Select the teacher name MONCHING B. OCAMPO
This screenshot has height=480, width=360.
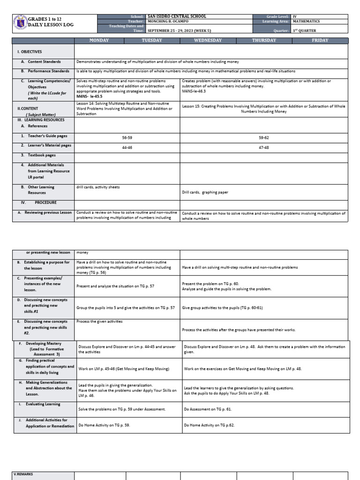coord(170,21)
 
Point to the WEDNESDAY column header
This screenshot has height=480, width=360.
coord(208,41)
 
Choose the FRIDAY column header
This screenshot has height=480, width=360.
coord(320,41)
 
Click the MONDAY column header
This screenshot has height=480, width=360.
coord(99,41)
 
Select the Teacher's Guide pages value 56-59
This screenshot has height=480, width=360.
coord(127,138)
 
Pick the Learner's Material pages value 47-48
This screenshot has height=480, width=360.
coord(263,146)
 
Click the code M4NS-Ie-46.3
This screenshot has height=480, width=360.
coord(194,91)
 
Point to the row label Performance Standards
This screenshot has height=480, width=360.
coord(47,71)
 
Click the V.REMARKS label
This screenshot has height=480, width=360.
coord(24,474)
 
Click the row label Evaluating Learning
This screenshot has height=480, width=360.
coord(43,404)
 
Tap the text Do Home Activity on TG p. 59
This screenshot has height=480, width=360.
coord(104,425)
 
